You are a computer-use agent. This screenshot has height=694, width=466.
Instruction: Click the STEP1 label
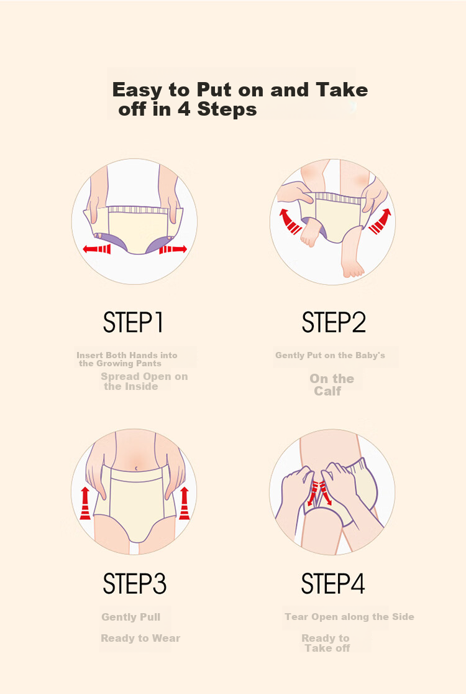133,322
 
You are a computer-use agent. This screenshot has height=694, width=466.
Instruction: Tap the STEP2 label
334,322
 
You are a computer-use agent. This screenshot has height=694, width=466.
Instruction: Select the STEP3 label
134,583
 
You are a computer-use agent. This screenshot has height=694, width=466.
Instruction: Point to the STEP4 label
333,583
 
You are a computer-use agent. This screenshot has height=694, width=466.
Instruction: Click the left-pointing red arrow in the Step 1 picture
97,249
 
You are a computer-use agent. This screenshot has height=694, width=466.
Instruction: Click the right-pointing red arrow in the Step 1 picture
173,249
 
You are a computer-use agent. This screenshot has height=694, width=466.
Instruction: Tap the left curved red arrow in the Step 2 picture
290,221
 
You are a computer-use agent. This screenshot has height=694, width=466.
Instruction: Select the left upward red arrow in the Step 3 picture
85,503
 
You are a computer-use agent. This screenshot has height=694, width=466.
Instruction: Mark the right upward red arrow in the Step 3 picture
185,503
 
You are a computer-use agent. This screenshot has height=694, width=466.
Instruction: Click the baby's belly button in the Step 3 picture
137,468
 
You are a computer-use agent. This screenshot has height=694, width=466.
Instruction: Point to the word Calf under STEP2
327,391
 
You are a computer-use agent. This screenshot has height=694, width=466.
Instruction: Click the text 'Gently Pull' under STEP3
131,617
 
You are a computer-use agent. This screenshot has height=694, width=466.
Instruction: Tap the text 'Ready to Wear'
140,638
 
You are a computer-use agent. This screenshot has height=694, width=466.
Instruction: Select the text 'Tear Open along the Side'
349,616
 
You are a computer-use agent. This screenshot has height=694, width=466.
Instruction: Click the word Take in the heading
342,90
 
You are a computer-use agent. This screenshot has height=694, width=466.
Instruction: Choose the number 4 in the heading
185,109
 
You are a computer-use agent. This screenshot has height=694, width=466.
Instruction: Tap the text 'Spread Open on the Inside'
144,381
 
